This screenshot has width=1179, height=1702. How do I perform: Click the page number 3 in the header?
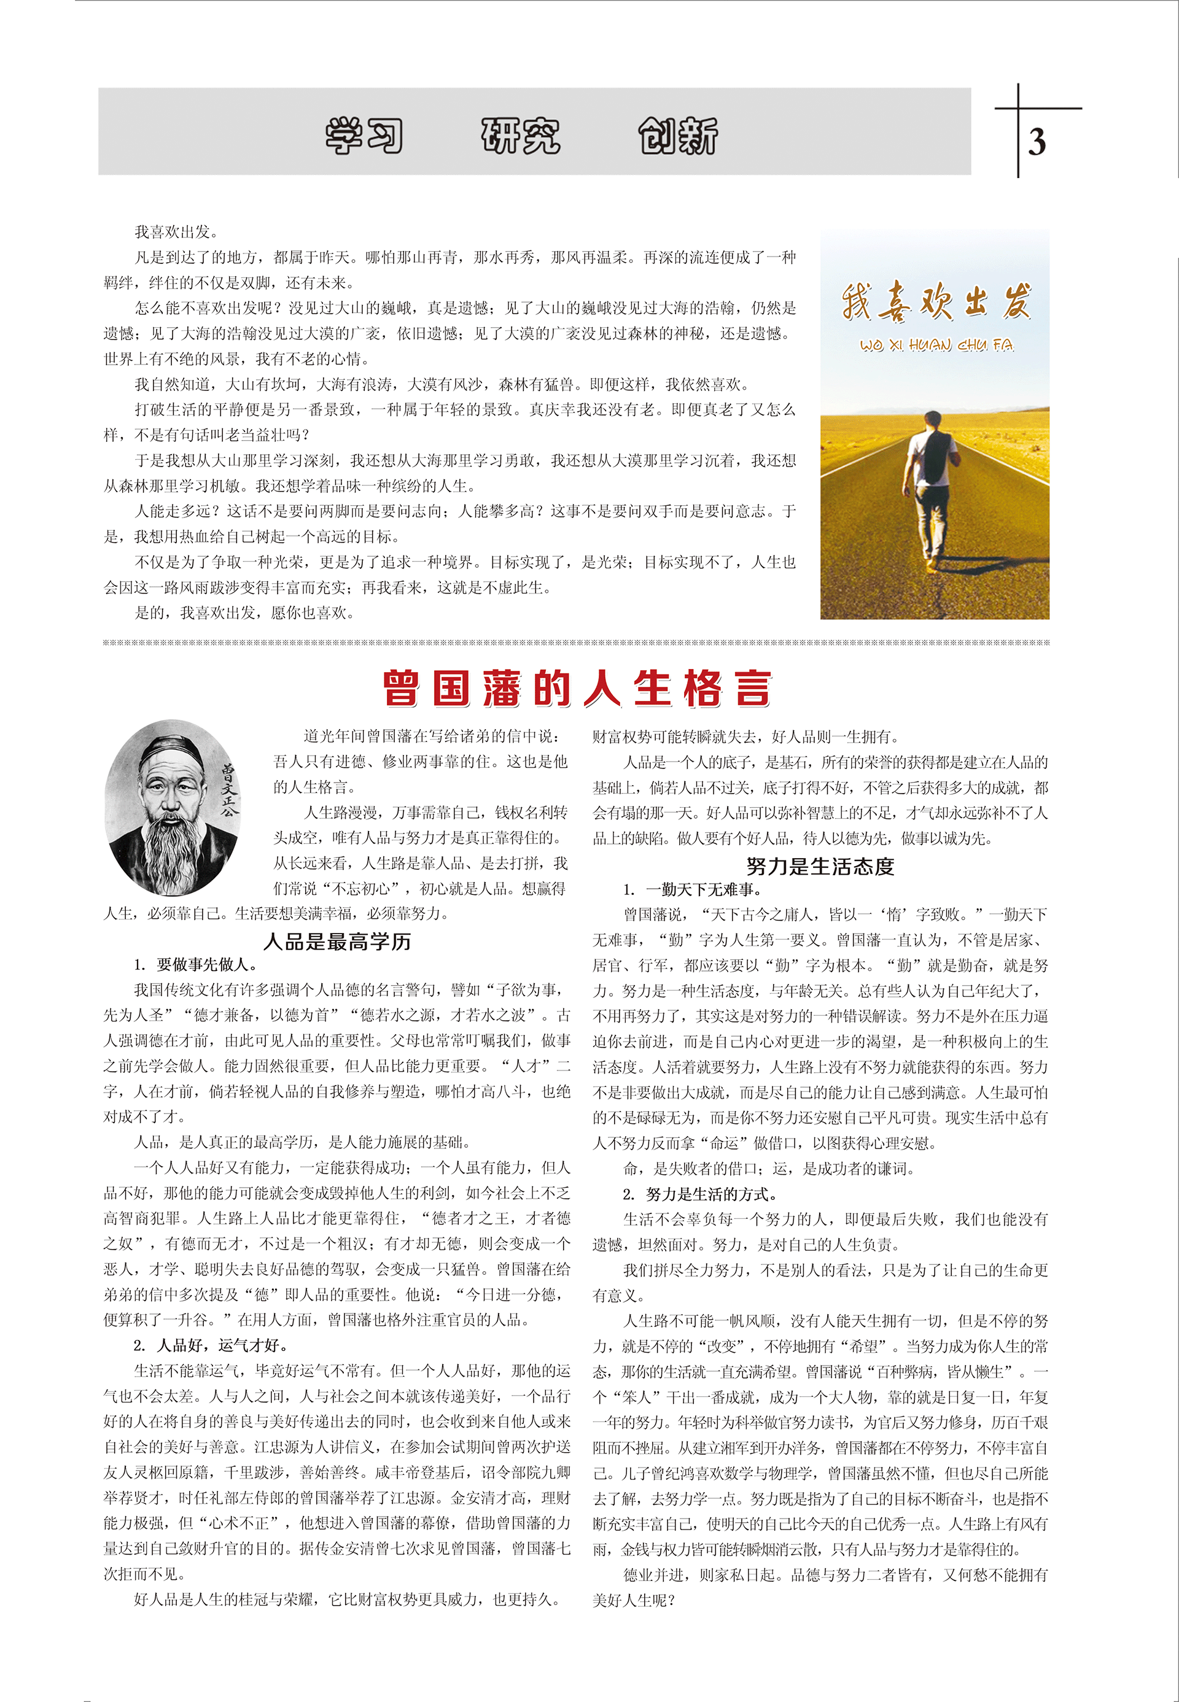(x=1037, y=142)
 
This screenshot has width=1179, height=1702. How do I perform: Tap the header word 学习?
(x=364, y=136)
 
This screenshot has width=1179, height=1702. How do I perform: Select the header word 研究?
(x=521, y=136)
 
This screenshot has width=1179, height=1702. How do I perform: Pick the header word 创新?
(x=677, y=136)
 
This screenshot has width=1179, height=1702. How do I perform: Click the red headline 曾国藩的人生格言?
(x=577, y=688)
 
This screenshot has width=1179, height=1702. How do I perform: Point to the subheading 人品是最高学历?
(x=337, y=942)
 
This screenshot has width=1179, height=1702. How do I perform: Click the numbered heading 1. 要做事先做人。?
(x=196, y=964)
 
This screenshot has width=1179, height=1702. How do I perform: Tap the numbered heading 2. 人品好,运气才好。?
(x=212, y=1345)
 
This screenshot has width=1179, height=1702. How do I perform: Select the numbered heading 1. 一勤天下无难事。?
(x=692, y=889)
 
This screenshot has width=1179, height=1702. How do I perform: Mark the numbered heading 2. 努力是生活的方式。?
(x=699, y=1194)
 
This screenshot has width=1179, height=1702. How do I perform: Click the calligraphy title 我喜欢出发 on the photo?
(x=935, y=302)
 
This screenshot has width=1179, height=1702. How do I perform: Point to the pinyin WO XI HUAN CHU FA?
(x=936, y=346)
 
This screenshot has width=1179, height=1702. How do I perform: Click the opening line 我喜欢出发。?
(x=176, y=233)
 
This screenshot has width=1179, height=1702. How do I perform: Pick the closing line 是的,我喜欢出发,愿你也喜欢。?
(x=244, y=613)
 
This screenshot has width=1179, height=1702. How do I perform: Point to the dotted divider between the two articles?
(x=576, y=643)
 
